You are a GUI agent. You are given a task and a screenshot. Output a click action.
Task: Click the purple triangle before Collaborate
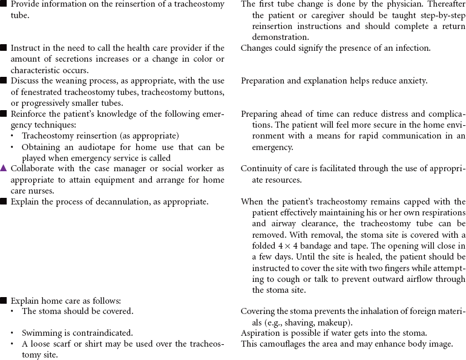click(x=4, y=168)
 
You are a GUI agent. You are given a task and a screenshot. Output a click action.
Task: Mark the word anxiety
click(x=412, y=80)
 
